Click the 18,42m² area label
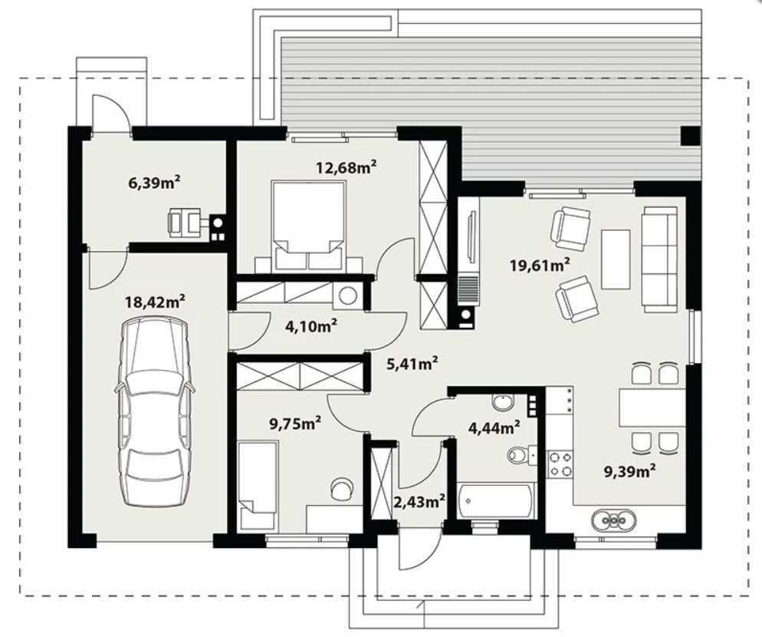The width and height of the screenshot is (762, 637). point(155,302)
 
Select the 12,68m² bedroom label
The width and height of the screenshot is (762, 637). point(347,167)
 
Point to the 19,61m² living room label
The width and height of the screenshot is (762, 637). point(540,265)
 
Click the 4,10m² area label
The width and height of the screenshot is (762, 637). point(311,325)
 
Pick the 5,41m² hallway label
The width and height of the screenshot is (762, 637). point(412,362)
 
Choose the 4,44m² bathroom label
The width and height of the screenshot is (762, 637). point(494,427)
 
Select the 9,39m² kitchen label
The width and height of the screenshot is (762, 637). point(630,470)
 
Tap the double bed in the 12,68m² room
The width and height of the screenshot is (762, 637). point(309,226)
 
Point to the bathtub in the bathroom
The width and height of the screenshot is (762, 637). point(496,500)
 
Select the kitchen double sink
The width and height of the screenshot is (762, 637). point(614,520)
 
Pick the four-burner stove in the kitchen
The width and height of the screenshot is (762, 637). point(560,464)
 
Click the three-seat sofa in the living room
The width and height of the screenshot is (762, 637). point(659,259)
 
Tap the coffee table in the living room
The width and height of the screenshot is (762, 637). point(616,259)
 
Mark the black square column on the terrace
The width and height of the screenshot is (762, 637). point(690,135)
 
